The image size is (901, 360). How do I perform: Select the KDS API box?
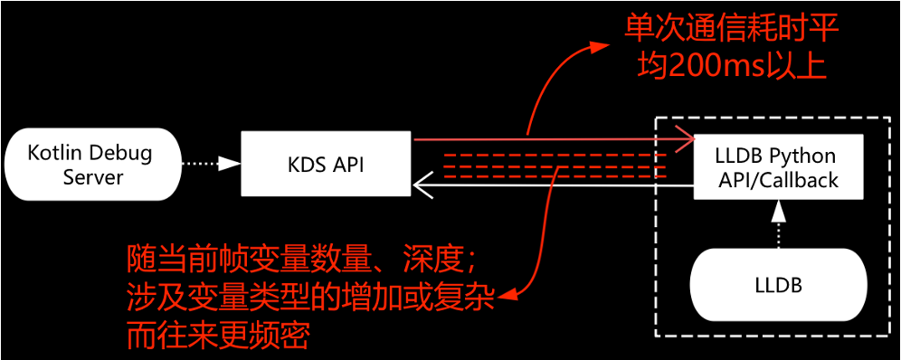[x=327, y=164]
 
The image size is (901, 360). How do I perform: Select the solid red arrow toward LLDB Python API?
[x=543, y=140]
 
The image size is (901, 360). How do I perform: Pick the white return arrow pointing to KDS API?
[x=543, y=187]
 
